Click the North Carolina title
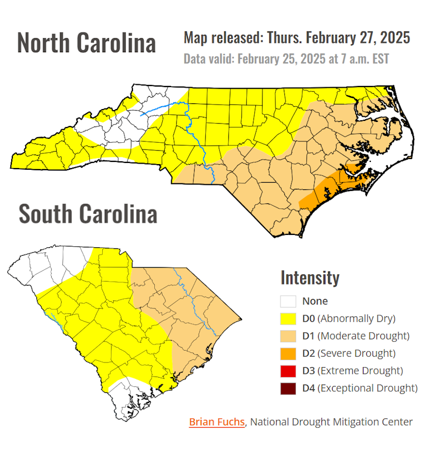[86, 43]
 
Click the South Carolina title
[88, 214]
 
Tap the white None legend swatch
[288, 301]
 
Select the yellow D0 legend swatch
[288, 319]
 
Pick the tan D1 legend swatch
[288, 336]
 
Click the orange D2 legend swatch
[288, 354]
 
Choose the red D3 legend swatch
[288, 371]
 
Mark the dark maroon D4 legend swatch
[288, 388]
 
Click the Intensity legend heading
[310, 278]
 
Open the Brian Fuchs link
[217, 422]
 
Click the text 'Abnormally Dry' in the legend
[356, 319]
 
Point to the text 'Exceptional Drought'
[369, 388]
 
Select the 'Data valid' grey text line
[286, 59]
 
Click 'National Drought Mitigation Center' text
[332, 422]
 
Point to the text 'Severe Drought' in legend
[357, 354]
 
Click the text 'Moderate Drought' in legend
[363, 336]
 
